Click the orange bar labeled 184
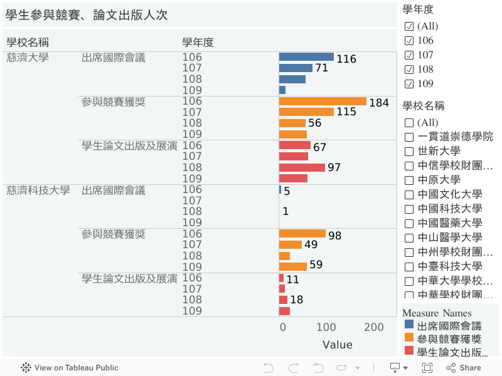tap(323, 101)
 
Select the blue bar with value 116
tap(306, 57)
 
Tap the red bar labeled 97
tap(302, 167)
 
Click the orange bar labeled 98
tap(302, 234)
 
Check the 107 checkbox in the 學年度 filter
tap(409, 55)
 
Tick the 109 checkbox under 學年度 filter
tap(409, 84)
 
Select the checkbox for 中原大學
tap(409, 180)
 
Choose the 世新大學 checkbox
tap(409, 151)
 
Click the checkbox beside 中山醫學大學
tap(409, 238)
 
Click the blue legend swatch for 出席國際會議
tap(409, 325)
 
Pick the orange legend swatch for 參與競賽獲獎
tap(409, 338)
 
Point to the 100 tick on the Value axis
tap(326, 327)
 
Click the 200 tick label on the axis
tap(374, 327)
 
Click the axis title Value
tap(337, 345)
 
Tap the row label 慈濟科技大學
tap(38, 190)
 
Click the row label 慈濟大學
tap(28, 58)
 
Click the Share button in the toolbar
tap(464, 368)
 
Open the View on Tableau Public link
tap(70, 368)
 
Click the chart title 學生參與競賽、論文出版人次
tap(87, 15)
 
